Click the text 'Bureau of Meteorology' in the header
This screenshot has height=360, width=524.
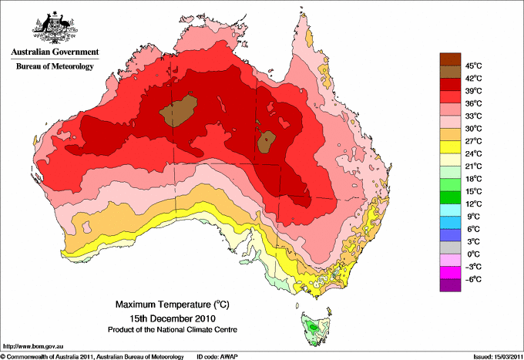(54, 66)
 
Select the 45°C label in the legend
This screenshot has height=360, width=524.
(473, 66)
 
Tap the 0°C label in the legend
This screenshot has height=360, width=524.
(472, 254)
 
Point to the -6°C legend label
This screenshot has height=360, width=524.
(472, 279)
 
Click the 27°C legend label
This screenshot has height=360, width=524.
(473, 141)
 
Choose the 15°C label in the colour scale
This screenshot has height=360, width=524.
(473, 191)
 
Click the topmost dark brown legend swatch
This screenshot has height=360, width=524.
(449, 58)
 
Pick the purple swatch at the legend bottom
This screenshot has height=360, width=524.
(449, 285)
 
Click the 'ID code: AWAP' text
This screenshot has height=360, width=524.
(219, 356)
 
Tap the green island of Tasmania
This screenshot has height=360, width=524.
(313, 328)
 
